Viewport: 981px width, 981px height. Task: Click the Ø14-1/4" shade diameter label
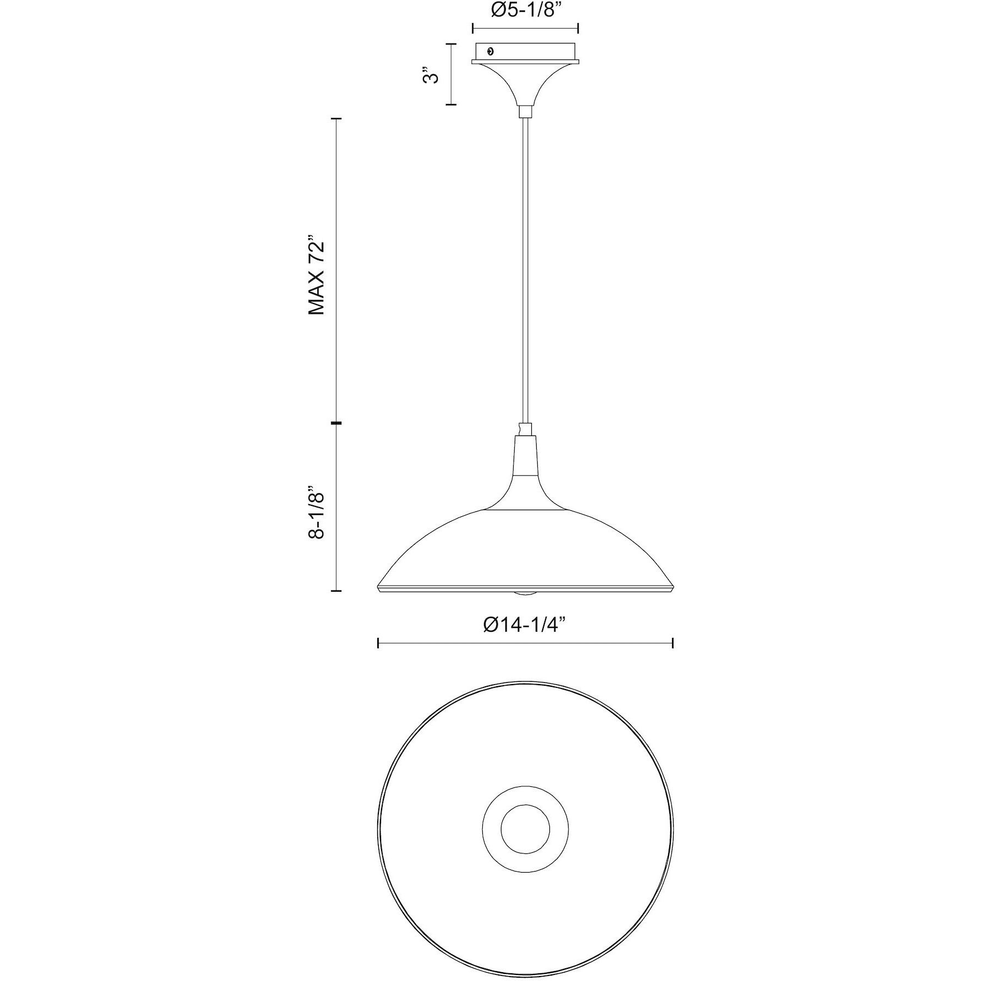click(x=525, y=625)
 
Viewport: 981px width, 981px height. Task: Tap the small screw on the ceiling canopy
click(x=491, y=52)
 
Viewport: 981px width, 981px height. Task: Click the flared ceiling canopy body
click(x=525, y=82)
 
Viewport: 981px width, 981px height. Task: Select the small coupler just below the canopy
click(x=525, y=111)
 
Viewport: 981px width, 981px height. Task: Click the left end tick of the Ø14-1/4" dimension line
click(x=378, y=643)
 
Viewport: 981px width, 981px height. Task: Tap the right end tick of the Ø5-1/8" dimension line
click(x=578, y=29)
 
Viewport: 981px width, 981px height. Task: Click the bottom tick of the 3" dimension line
click(x=451, y=104)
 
